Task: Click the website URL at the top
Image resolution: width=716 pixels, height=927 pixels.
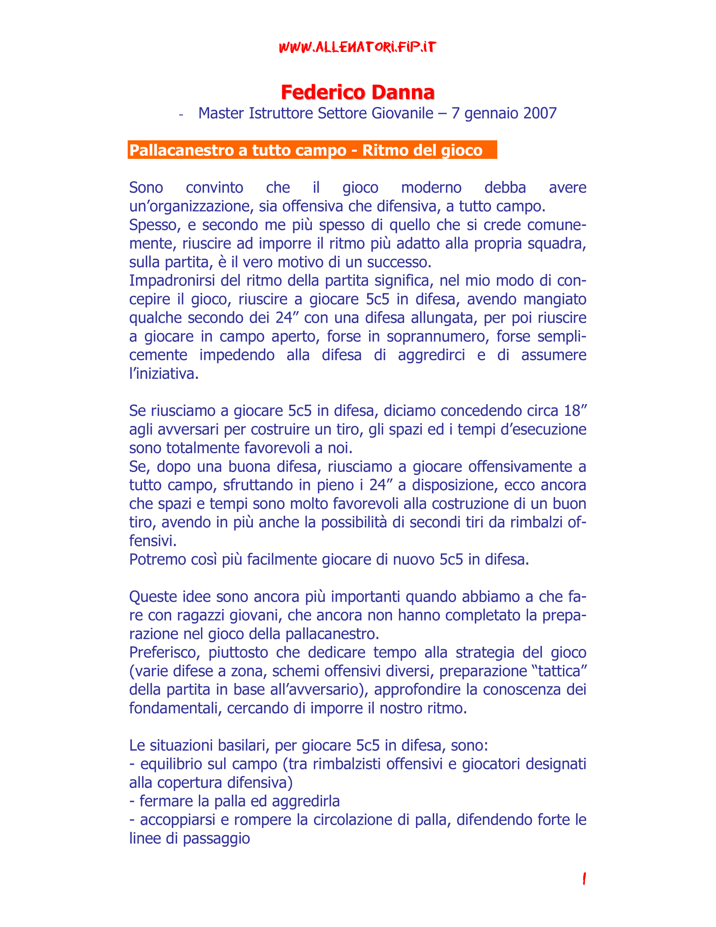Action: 357,47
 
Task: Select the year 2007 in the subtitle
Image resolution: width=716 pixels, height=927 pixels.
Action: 540,113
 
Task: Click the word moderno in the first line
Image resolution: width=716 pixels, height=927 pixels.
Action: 431,188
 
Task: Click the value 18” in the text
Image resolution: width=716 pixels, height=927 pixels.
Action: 575,411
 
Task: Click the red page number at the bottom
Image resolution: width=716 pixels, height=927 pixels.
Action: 584,878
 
